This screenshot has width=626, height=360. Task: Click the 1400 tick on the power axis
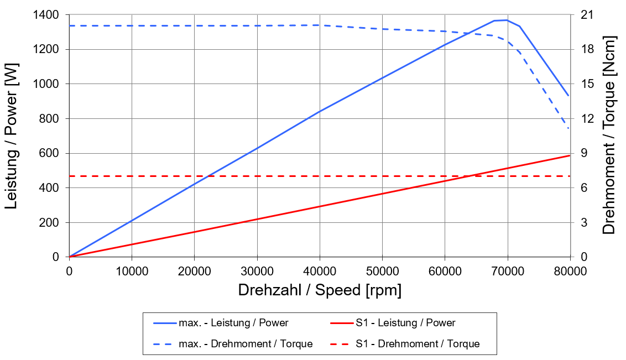(x=48, y=15)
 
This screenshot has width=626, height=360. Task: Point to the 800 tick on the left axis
(x=51, y=119)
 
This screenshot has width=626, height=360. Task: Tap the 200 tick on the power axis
(x=51, y=223)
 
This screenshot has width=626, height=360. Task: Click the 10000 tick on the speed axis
(x=132, y=271)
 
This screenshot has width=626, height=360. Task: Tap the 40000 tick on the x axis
(x=320, y=271)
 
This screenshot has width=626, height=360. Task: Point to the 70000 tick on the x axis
(x=507, y=271)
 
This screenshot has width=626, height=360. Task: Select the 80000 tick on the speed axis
(x=570, y=271)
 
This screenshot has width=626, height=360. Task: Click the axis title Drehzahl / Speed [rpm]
(x=320, y=290)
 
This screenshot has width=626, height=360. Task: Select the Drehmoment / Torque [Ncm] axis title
(x=609, y=135)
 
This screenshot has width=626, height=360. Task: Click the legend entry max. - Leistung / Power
(x=233, y=323)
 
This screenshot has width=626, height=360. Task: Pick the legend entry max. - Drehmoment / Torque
(x=245, y=344)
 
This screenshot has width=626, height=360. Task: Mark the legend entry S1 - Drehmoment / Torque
(x=418, y=344)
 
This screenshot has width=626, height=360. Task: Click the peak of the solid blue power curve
(x=506, y=20)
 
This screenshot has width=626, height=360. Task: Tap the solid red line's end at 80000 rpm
(x=570, y=155)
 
